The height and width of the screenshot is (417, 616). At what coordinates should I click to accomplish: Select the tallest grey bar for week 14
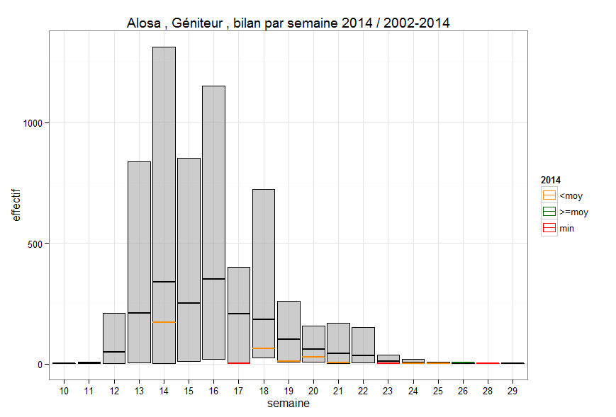pos(164,177)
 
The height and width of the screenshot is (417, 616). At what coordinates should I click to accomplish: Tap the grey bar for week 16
pos(213,177)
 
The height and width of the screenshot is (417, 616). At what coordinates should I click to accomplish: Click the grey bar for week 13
pos(139,234)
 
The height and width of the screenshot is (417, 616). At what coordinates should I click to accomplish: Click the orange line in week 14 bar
pos(164,322)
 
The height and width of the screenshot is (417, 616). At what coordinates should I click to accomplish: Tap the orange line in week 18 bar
pos(264,348)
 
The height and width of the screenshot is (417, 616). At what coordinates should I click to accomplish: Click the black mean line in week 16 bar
pos(213,279)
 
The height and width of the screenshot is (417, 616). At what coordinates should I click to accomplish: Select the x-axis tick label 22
pos(363,391)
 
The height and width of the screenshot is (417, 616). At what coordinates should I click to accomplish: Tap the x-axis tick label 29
pos(513,391)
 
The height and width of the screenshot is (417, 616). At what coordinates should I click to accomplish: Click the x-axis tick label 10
pos(64,391)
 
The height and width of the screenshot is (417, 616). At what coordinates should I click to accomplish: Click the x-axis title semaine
pos(288,404)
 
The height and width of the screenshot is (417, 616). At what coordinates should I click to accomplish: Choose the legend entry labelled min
pos(566,228)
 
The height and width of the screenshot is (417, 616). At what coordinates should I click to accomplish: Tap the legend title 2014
pos(551,180)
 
